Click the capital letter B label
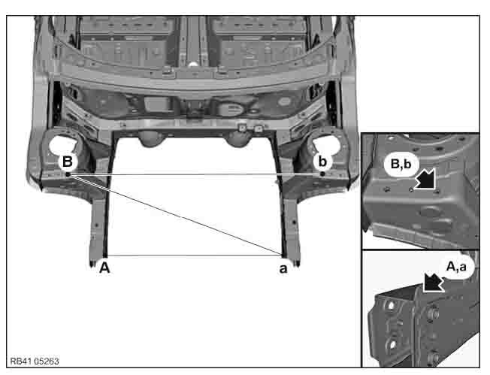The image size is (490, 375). tap(68, 162)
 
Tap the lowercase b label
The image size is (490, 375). tap(322, 162)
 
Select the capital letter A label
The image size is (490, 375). tap(104, 268)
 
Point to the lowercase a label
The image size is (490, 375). tap(283, 268)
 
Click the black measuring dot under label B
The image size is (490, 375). tap(68, 174)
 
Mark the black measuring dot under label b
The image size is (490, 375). tap(322, 174)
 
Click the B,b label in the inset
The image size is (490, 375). tap(401, 164)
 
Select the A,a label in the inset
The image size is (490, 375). tap(456, 267)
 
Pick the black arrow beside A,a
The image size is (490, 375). tap(434, 282)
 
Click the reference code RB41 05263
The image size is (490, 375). tap(35, 361)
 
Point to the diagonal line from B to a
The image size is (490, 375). tap(175, 214)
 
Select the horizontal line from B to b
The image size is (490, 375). tap(195, 174)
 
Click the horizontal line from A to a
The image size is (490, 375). tap(194, 256)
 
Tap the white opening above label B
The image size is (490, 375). tap(63, 145)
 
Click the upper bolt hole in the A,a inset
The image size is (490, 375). tap(391, 305)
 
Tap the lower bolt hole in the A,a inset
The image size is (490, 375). tap(392, 345)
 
